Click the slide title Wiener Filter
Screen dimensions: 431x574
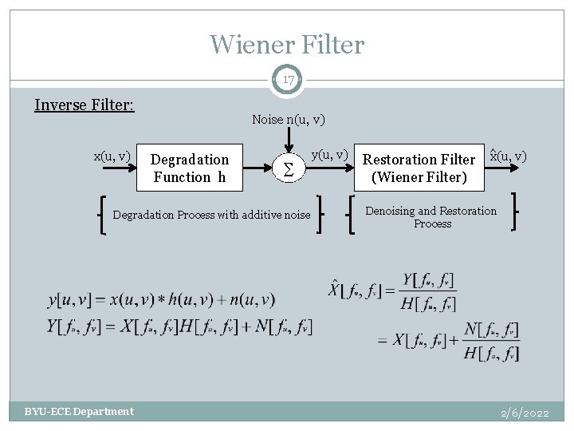[287, 45]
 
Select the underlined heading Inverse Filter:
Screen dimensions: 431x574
[85, 105]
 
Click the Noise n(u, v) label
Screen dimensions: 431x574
[288, 120]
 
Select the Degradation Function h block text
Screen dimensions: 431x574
[189, 168]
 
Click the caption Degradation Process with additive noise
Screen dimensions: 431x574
[211, 215]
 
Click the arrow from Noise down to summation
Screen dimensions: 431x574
[288, 140]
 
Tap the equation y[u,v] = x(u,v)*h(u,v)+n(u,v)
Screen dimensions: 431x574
[161, 300]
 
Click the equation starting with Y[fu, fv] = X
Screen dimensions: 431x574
[180, 326]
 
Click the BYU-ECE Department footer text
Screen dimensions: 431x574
[79, 412]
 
